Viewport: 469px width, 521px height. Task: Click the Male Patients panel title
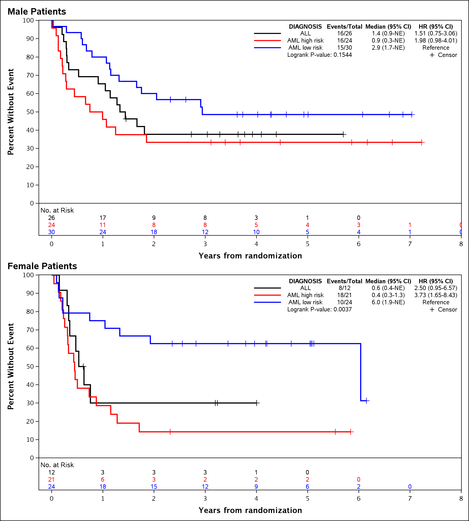tap(37, 12)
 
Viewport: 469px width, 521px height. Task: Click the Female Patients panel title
tap(42, 266)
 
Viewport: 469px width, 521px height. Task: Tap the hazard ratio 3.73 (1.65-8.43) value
tap(435, 295)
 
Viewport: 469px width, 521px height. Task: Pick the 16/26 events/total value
tap(344, 34)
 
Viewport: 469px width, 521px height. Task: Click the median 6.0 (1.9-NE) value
tap(388, 302)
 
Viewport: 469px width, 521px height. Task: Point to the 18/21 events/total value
tap(344, 295)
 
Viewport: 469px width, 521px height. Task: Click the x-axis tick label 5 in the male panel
tap(307, 244)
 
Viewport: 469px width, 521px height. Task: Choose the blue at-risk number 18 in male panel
tap(154, 232)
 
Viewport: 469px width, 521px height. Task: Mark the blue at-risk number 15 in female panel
tap(154, 487)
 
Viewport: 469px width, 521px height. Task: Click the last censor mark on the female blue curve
tap(367, 401)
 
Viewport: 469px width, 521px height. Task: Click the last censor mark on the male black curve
tap(343, 134)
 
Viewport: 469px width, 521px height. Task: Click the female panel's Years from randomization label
tap(250, 510)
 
